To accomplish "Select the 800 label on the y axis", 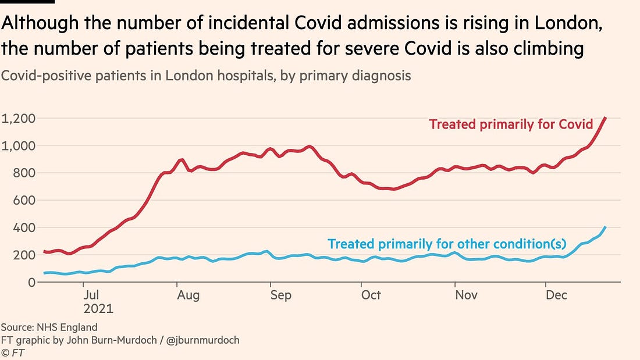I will coord(24,173).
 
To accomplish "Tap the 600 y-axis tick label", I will coord(24,201).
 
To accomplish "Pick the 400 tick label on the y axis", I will coord(24,228).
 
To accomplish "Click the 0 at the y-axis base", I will coord(32,283).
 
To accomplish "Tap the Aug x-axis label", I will coord(189,295).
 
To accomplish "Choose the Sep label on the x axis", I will coord(280,295).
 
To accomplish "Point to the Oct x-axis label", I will coord(371,295).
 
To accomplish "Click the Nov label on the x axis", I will coord(466,295).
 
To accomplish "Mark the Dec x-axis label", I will coord(556,295).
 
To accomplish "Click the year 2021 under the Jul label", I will coord(98,309).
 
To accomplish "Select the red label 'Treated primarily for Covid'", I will coord(511,124).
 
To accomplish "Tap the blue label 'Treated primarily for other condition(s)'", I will coord(462,244).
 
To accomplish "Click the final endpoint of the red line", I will coord(606,118).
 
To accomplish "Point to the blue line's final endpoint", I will coord(606,227).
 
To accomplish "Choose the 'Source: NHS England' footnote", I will coord(49,327).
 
